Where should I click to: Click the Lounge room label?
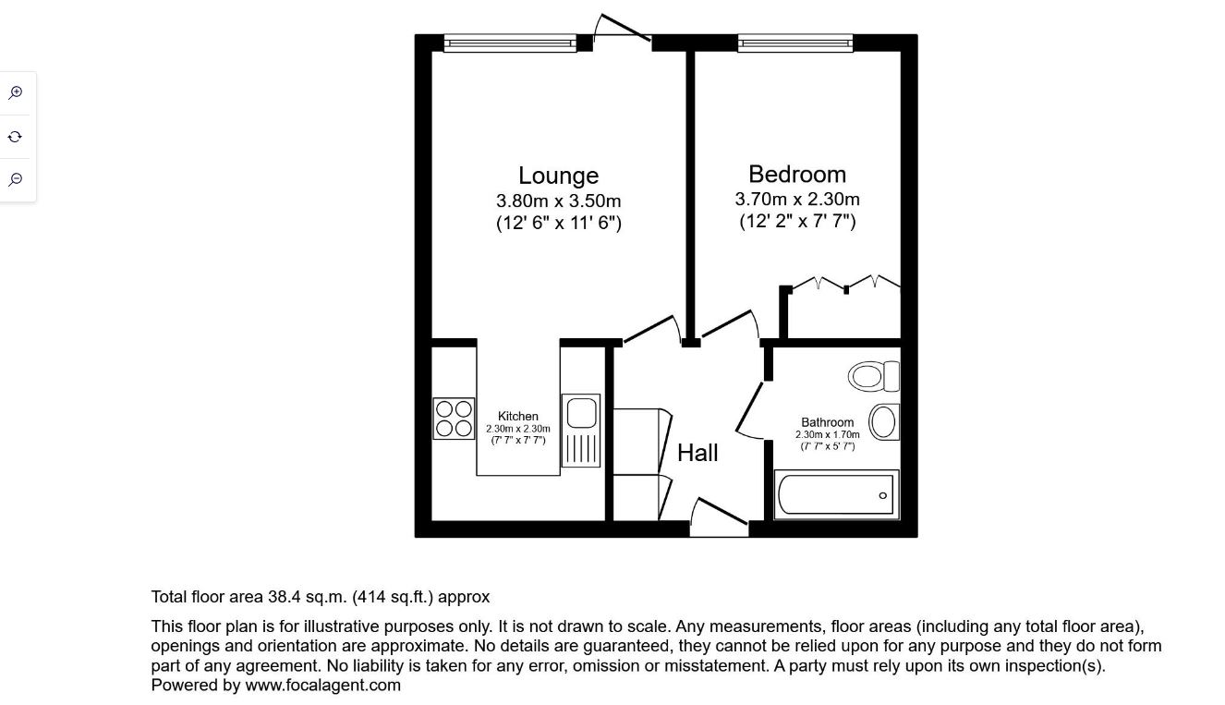(558, 176)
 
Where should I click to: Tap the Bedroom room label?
(797, 175)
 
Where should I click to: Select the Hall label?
(697, 453)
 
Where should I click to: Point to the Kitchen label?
(518, 416)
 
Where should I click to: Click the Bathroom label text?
(828, 422)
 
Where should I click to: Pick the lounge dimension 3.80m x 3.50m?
(558, 201)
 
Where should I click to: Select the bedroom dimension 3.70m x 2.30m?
(797, 199)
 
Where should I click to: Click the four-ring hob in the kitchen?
(454, 419)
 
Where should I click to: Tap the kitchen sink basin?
(581, 412)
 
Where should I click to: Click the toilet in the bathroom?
(874, 376)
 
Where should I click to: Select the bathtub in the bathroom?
(836, 494)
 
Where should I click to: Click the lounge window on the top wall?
(510, 43)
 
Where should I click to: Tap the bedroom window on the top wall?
(795, 43)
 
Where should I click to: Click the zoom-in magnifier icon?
(16, 92)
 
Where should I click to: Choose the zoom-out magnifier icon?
(16, 179)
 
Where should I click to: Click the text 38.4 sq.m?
(308, 597)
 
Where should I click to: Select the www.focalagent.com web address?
(322, 686)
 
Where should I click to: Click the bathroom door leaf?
(749, 407)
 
